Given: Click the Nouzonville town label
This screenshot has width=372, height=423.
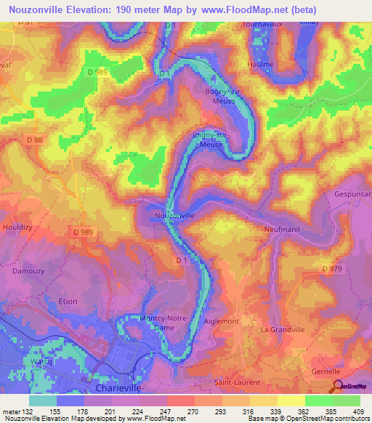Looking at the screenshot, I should tap(174, 216).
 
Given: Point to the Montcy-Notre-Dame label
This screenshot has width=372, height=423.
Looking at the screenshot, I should tap(168, 323).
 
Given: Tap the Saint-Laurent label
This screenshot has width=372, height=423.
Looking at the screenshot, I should tap(236, 382).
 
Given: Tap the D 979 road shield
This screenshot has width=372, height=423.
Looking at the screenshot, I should tap(331, 270).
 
